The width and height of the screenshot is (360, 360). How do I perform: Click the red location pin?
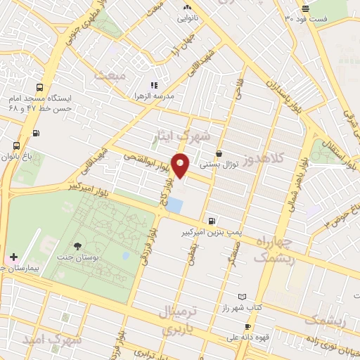181,165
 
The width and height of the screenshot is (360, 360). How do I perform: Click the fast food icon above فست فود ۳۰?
305,8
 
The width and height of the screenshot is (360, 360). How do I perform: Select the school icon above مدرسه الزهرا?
154,84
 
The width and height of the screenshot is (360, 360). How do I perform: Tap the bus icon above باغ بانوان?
16,146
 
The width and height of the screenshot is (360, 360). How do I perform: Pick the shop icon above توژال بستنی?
219,154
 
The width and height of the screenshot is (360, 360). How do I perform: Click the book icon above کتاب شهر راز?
243,297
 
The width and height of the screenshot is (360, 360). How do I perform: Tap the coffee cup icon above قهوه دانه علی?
247,326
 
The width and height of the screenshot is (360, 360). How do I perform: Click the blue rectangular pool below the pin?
174,207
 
